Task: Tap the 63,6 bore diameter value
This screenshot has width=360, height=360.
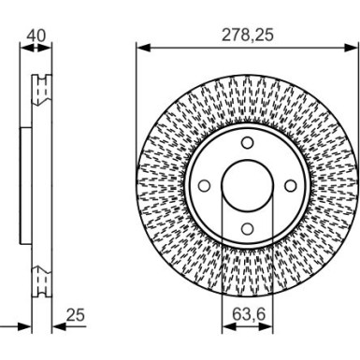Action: coord(247,314)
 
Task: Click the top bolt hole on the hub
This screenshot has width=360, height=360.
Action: coord(247,142)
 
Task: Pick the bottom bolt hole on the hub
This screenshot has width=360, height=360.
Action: coord(247,227)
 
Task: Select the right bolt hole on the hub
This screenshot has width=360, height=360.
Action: coord(289,185)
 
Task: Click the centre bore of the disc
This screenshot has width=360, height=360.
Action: coord(247,185)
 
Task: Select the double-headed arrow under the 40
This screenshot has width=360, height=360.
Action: coord(36,46)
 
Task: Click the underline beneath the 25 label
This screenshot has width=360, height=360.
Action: coord(77,328)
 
